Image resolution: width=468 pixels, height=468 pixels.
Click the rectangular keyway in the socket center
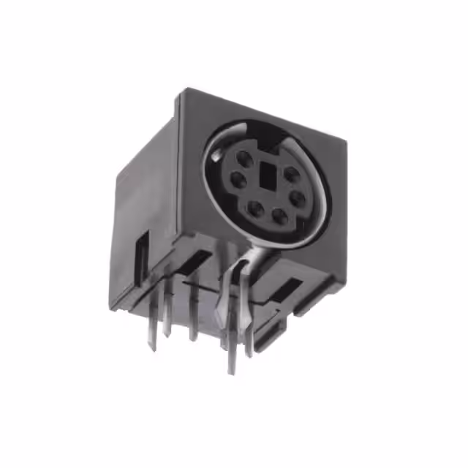[265, 175]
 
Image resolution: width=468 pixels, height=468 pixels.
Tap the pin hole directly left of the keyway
[238, 178]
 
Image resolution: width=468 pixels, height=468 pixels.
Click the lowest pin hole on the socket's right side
[298, 198]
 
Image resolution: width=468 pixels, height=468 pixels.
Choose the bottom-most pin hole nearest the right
[280, 215]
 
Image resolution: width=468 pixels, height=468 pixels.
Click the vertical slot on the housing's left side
[143, 252]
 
